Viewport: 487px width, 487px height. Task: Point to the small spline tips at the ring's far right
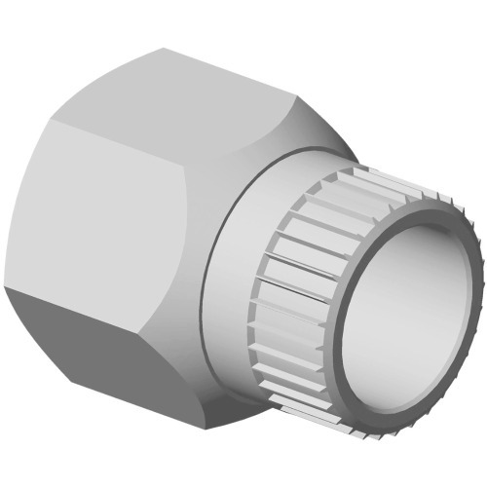(x=475, y=292)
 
